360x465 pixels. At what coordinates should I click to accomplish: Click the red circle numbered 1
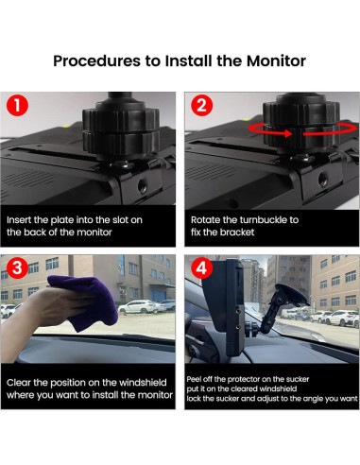(x=17, y=105)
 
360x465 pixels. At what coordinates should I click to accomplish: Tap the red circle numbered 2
(x=201, y=105)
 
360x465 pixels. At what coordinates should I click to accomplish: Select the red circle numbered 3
(x=17, y=267)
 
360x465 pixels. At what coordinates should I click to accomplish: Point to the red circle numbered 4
(x=201, y=267)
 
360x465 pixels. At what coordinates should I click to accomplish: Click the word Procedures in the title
(x=96, y=60)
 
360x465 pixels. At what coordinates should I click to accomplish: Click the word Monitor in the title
(x=276, y=60)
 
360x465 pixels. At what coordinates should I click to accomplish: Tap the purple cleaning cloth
(x=85, y=301)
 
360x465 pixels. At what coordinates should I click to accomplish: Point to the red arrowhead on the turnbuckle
(x=288, y=133)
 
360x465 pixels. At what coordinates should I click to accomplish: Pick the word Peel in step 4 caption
(x=194, y=379)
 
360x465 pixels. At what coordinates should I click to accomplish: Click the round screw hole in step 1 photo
(x=143, y=186)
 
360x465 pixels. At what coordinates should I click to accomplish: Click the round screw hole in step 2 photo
(x=323, y=179)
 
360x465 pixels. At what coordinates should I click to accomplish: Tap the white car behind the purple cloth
(x=138, y=307)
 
